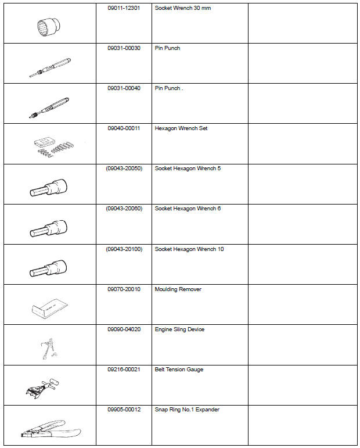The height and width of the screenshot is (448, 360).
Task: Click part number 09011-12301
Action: coord(123,8)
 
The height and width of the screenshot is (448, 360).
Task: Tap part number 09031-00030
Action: coord(123,48)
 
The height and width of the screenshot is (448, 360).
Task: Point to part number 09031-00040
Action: coord(123,88)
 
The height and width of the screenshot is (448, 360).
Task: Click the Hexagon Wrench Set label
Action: coord(181,128)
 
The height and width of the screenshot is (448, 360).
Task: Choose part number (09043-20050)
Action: coord(123,169)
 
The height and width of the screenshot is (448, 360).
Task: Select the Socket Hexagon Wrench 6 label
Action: coord(188,209)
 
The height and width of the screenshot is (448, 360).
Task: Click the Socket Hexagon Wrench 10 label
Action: coord(189,249)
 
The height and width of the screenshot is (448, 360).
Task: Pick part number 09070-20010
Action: coord(123,289)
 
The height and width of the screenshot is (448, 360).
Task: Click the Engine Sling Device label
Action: coord(179,329)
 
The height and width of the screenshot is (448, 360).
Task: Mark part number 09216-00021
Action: coord(123,370)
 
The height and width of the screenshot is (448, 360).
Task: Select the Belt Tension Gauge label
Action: coord(179,370)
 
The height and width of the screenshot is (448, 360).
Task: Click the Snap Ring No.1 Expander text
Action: coord(187,410)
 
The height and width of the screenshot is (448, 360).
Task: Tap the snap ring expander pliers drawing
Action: coord(51,428)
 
